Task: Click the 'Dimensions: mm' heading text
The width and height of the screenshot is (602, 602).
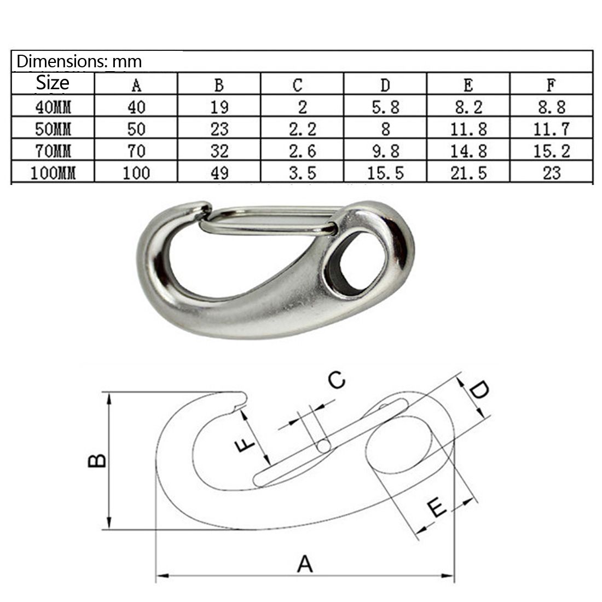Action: point(79,61)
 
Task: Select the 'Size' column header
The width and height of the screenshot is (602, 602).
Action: point(53,83)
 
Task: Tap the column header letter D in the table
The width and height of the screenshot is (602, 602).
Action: point(385,85)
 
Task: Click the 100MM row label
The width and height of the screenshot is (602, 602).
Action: point(53,173)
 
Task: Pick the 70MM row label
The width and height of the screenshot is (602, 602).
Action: point(53,150)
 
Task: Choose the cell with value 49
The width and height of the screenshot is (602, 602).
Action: point(219,173)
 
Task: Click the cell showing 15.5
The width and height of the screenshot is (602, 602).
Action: point(385,173)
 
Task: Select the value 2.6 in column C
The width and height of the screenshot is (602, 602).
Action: point(302,150)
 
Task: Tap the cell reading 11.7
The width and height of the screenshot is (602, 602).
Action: point(552,129)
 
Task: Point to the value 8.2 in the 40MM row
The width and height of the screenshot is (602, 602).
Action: point(468,107)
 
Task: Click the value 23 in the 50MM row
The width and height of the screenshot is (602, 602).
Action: point(219,129)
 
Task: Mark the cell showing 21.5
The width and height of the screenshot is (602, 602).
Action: point(468,173)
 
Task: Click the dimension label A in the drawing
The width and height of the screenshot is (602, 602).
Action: point(305,563)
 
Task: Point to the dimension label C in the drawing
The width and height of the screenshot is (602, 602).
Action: point(337,379)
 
